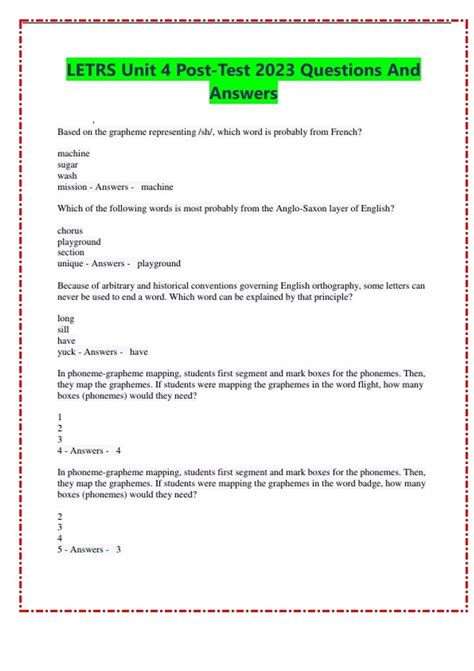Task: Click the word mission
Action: click(73, 187)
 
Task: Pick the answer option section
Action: click(72, 252)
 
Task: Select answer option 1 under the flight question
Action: click(61, 416)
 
